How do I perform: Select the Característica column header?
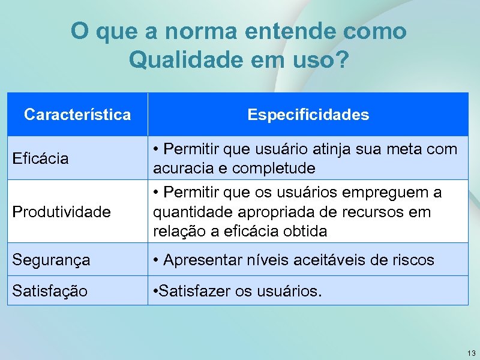point(77,115)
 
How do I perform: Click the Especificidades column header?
point(308,115)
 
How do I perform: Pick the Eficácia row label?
point(41,158)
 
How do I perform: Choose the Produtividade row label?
point(62,212)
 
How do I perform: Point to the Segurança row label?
point(52,260)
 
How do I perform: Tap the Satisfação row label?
point(50,292)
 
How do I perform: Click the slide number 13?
point(470,353)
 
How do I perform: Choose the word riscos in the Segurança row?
point(413,260)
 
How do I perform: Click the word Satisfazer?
point(191,292)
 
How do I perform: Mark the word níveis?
point(268,260)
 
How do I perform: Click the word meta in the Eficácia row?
point(404,148)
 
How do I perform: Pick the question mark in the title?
point(342,60)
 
